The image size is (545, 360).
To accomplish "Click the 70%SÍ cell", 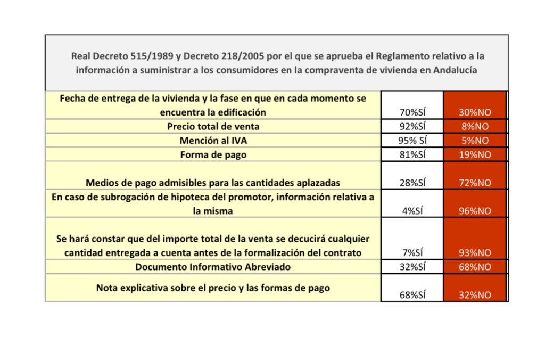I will tap(412, 112).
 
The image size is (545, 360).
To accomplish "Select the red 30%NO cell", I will tap(475, 112).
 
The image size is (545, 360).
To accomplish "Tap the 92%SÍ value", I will tap(412, 127).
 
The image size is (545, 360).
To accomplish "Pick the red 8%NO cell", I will tap(475, 127).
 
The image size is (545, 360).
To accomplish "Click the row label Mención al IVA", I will tap(213, 141).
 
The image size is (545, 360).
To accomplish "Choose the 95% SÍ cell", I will tap(412, 141).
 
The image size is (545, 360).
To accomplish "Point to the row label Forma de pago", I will tap(213, 154).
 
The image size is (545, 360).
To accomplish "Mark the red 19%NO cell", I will tap(475, 154).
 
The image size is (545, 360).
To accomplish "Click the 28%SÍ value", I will tap(412, 183).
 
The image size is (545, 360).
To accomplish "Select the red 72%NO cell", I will tap(475, 183).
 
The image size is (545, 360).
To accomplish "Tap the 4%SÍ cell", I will tap(412, 211).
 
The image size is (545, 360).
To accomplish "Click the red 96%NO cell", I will tap(475, 211).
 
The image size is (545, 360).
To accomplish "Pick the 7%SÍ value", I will tap(412, 253).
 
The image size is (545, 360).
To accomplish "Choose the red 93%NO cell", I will tap(475, 253).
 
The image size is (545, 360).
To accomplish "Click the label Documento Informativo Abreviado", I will tap(213, 267).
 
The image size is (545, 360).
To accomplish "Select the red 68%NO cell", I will tap(475, 267).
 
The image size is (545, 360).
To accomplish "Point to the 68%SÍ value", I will tap(412, 295).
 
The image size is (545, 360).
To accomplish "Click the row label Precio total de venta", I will tap(213, 127).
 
